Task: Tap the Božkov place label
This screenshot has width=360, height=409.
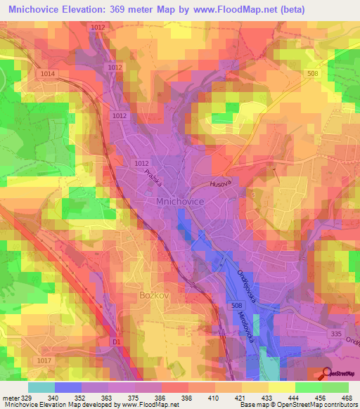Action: [x=155, y=296]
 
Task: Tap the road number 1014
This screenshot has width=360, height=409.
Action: [x=48, y=73]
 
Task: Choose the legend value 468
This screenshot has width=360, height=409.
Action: [x=347, y=398]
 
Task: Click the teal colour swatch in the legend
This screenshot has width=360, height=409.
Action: [x=41, y=387]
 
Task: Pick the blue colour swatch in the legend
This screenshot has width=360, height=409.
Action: [x=67, y=387]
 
